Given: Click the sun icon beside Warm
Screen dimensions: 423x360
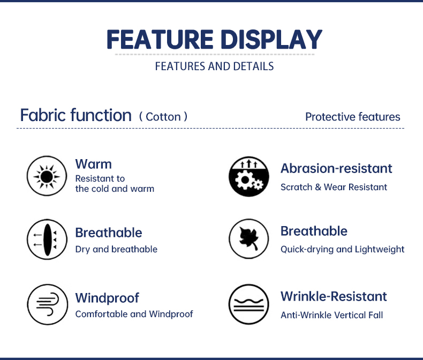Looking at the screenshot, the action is click(47, 176).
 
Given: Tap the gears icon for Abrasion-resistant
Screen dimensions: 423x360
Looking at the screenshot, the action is click(249, 176).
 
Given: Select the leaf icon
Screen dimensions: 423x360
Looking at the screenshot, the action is click(249, 238).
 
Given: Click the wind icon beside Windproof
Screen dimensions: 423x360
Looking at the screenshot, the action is click(47, 304).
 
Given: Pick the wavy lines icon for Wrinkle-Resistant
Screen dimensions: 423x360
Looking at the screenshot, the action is click(249, 304).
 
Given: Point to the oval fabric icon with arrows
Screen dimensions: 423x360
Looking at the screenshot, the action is click(47, 239).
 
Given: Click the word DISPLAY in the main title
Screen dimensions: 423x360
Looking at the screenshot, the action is click(271, 40).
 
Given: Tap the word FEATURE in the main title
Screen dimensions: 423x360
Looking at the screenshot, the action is click(160, 40).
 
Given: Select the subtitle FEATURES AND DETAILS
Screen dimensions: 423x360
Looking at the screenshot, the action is click(215, 66).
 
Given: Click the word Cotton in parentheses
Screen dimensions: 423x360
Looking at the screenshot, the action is click(163, 117).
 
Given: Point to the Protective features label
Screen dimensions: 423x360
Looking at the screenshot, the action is click(353, 117).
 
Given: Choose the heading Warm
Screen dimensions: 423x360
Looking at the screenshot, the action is click(93, 164).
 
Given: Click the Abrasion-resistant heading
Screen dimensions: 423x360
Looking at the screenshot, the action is click(336, 168).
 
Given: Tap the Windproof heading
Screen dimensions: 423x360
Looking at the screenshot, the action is click(107, 298).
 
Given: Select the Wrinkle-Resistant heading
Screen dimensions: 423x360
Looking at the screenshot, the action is click(334, 296).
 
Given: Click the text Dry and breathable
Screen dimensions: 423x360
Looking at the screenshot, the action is click(116, 249).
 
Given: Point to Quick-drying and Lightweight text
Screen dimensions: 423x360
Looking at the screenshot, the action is click(342, 249).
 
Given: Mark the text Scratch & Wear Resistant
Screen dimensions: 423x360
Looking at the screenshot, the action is click(334, 187).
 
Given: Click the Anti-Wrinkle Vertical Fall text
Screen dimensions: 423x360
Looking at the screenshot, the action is click(331, 315).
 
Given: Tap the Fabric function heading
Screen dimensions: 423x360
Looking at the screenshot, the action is click(76, 115).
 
